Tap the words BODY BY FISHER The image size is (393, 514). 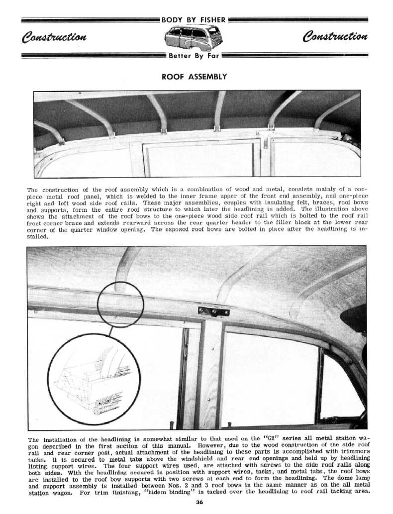194,20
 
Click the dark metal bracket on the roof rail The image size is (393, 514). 213,311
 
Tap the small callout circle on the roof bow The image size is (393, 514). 120,303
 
